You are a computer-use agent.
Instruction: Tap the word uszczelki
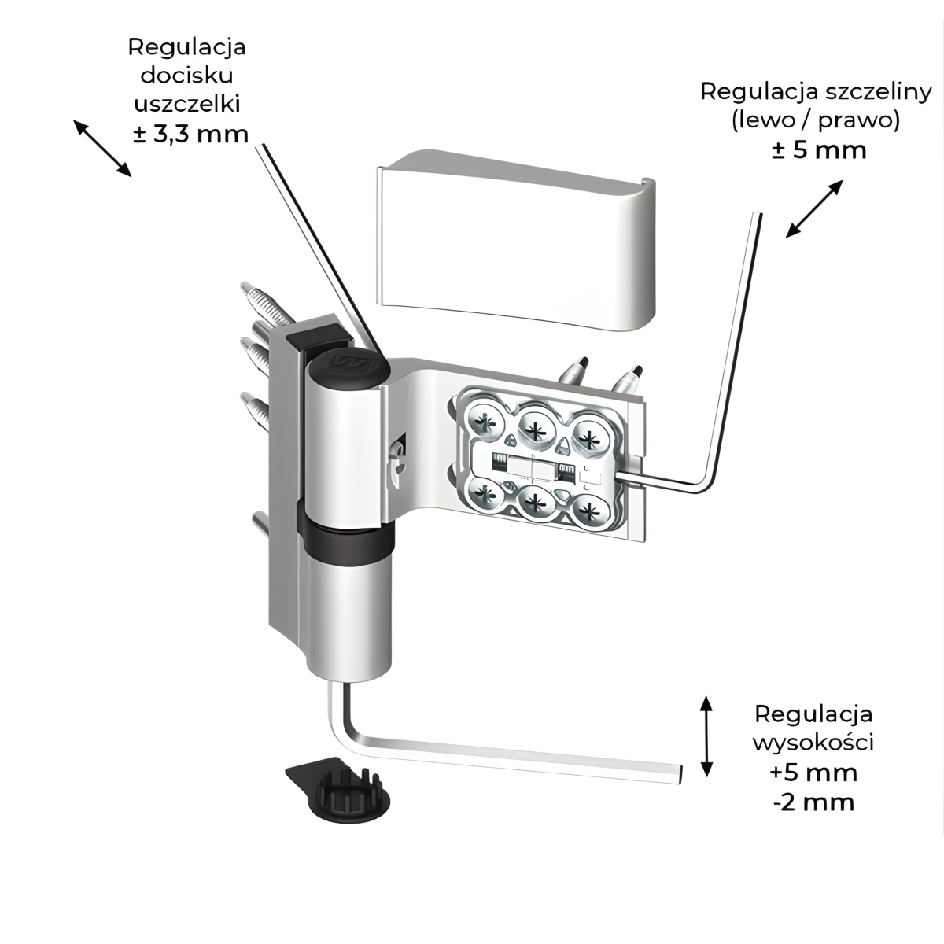point(188,104)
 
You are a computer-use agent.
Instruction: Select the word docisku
point(187,76)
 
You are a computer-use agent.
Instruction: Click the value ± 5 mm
point(819,149)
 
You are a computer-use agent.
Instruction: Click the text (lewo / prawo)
point(816,120)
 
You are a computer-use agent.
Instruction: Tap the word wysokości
point(813,742)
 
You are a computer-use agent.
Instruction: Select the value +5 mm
point(813,772)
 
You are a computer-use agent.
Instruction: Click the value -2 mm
point(813,802)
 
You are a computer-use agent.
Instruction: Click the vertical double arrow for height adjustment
point(706,736)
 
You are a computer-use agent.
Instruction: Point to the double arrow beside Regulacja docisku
point(101,147)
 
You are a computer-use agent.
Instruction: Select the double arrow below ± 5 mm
point(814,208)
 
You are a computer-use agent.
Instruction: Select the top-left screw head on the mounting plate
point(481,422)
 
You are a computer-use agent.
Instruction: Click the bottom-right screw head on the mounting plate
point(588,512)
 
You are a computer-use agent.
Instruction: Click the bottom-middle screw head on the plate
point(537,505)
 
